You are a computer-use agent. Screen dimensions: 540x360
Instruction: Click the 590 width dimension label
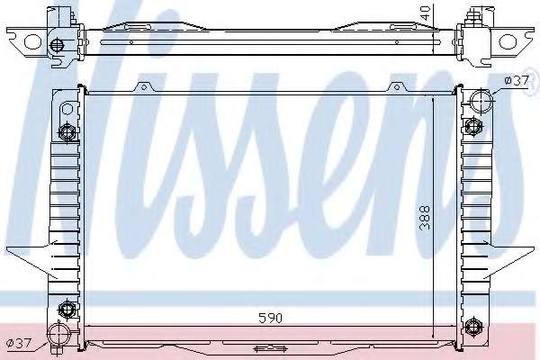270,318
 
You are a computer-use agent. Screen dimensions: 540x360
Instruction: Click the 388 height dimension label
426,218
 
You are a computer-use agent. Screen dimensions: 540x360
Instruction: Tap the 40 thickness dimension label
426,13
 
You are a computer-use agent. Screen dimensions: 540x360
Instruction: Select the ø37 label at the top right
517,81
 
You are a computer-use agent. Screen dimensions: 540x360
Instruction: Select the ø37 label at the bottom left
20,343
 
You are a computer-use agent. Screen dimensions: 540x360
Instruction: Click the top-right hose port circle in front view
481,100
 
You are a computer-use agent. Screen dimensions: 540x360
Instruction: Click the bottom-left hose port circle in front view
58,335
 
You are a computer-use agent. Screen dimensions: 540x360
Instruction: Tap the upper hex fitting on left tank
67,131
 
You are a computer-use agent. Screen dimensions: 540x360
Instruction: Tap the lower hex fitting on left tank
66,309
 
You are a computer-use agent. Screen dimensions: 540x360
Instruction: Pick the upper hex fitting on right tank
473,126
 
